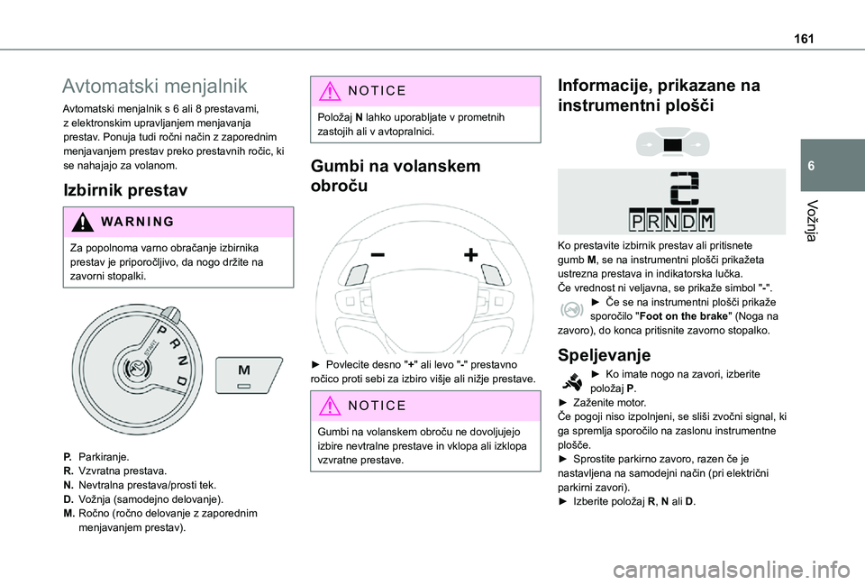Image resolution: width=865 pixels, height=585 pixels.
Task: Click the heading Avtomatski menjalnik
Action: [x=153, y=87]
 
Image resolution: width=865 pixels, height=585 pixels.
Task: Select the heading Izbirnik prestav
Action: [x=124, y=190]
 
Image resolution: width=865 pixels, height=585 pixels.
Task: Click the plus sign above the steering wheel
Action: [x=470, y=255]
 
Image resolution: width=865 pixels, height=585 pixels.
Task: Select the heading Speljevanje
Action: [x=604, y=354]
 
